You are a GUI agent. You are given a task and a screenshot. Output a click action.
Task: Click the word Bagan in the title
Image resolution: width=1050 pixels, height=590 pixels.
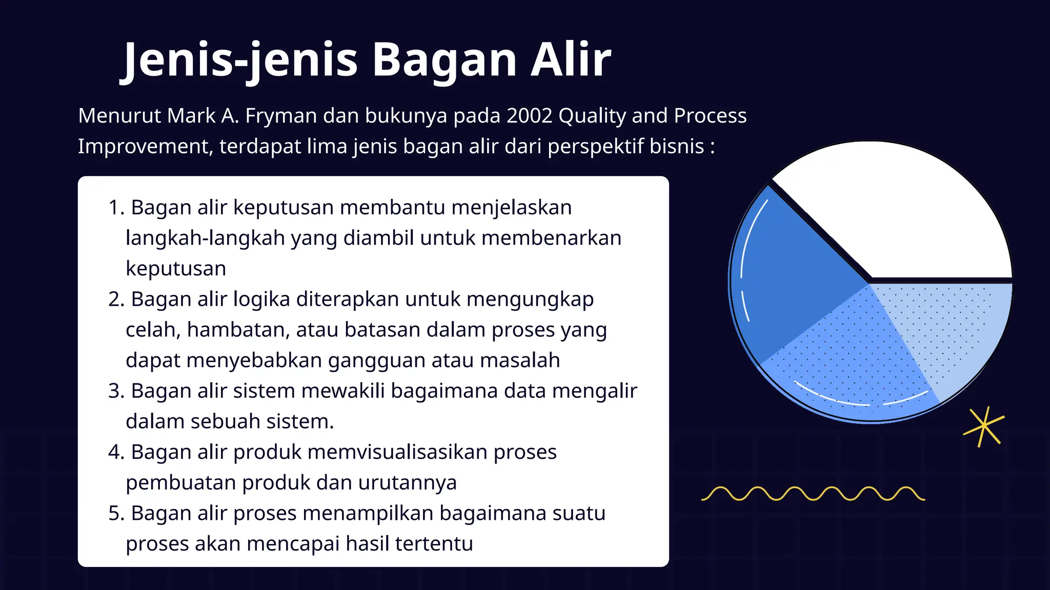[x=444, y=60]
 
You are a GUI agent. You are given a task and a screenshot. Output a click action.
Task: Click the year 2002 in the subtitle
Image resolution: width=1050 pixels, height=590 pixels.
[x=529, y=116]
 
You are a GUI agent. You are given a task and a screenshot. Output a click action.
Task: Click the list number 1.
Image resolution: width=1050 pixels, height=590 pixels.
[x=115, y=208]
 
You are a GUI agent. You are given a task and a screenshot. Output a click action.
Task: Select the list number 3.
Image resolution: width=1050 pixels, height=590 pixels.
[x=115, y=391]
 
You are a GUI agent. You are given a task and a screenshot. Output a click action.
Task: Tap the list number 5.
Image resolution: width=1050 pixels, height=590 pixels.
[x=115, y=514]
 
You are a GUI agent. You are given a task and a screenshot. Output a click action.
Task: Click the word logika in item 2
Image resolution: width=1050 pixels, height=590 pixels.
[x=261, y=300]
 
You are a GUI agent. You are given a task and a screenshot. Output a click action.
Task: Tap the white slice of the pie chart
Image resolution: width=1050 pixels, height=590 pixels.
[x=902, y=215]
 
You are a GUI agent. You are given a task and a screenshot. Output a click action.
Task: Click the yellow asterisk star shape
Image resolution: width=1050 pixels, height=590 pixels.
[x=983, y=427]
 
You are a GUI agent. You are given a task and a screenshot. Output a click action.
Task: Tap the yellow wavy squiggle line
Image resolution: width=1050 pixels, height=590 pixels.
[x=813, y=494]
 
